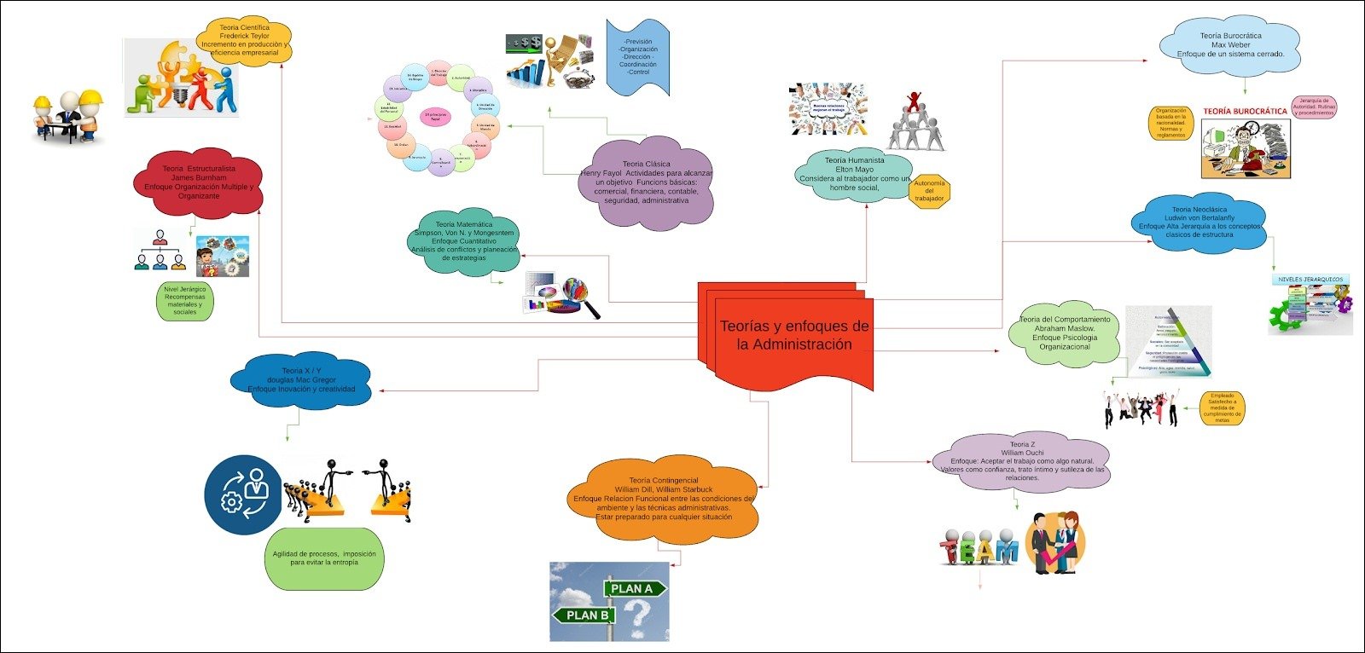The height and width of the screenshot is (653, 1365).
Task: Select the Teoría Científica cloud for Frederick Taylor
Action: (244, 41)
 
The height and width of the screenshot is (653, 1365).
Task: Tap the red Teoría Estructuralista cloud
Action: (199, 182)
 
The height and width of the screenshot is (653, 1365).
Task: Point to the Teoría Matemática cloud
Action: (464, 242)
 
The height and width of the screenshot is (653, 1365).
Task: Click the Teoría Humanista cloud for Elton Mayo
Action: (853, 173)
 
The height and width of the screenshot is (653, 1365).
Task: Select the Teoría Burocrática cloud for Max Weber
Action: (1230, 46)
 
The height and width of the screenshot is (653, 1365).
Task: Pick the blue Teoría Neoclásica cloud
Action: (1199, 222)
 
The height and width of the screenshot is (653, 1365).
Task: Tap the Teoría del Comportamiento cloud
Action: (1065, 333)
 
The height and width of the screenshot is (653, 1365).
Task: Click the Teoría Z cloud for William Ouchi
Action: (1022, 461)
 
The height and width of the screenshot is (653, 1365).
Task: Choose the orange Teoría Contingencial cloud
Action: (663, 500)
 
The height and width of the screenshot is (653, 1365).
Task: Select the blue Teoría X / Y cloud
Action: (301, 380)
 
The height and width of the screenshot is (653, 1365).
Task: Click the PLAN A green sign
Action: (632, 588)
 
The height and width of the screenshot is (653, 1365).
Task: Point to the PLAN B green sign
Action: (586, 615)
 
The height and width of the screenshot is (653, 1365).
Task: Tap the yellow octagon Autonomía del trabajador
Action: (929, 191)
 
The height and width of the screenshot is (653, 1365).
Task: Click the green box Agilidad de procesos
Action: (324, 558)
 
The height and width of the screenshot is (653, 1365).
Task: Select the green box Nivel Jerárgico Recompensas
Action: (185, 301)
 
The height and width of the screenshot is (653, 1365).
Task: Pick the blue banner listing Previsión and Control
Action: (637, 56)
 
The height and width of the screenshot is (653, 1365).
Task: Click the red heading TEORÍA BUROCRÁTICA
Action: (1245, 111)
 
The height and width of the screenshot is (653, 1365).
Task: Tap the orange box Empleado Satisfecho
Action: (1222, 407)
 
